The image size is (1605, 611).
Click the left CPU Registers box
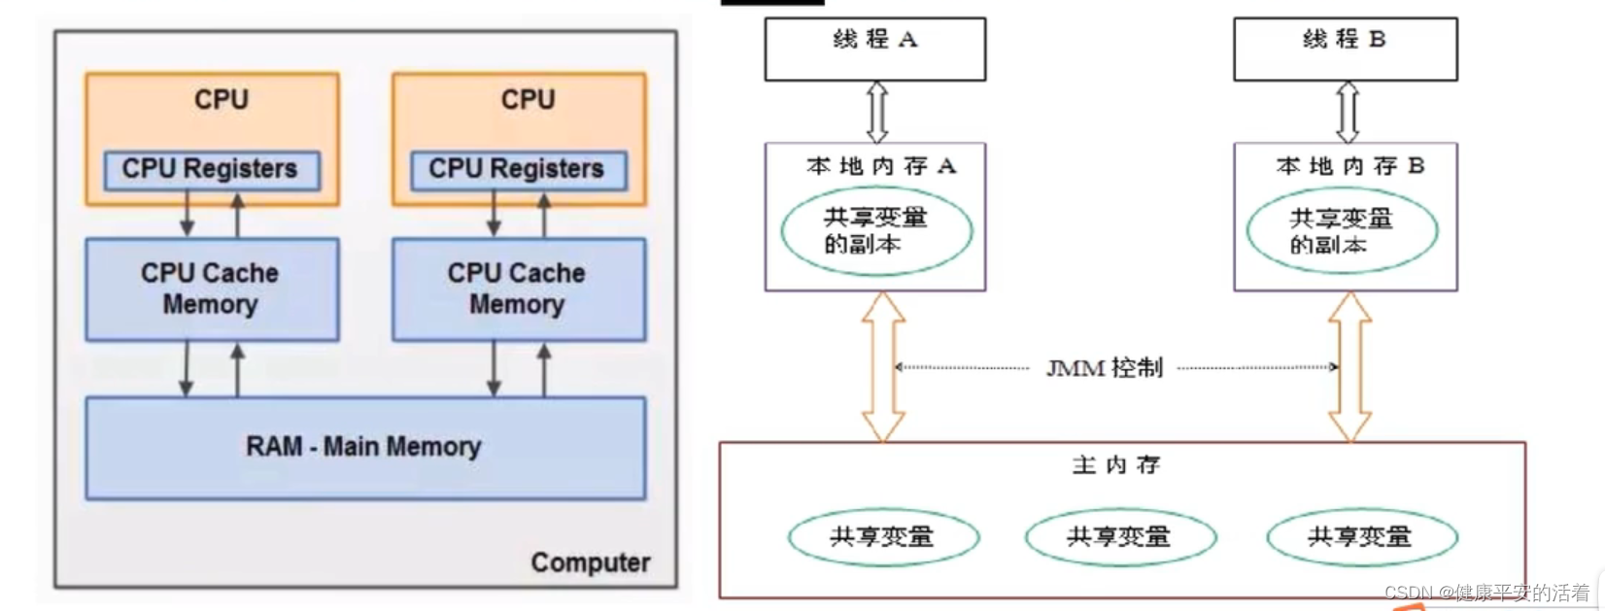(x=211, y=169)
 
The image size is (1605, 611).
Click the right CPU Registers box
(x=518, y=169)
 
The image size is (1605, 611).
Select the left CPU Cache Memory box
(x=211, y=289)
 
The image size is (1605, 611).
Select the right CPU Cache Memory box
(x=518, y=289)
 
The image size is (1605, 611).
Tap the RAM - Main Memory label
(x=363, y=447)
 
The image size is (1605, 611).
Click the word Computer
(x=590, y=562)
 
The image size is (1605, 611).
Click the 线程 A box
(x=874, y=49)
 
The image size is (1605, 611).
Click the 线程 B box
(x=1345, y=49)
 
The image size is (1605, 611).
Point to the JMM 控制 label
(x=1105, y=368)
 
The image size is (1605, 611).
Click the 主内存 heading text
(x=1115, y=465)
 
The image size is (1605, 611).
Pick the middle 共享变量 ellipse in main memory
(x=1119, y=537)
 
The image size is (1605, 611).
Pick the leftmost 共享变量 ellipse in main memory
(x=882, y=537)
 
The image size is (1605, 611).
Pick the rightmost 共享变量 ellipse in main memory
(x=1360, y=537)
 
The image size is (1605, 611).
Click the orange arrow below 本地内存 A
(x=883, y=367)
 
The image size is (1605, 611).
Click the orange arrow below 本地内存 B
(x=1349, y=367)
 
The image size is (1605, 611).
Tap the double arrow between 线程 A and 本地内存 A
(x=876, y=112)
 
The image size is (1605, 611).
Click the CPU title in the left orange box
(x=222, y=100)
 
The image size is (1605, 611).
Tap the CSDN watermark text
(x=1486, y=593)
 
